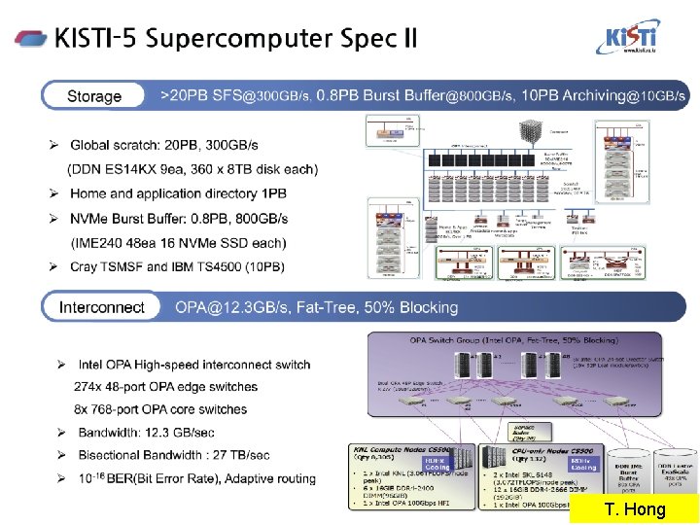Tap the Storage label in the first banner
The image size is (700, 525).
click(94, 96)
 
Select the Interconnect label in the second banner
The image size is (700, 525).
click(102, 307)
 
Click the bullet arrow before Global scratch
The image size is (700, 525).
click(55, 146)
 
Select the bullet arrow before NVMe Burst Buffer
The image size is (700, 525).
click(55, 219)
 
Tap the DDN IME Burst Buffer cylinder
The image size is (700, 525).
click(627, 473)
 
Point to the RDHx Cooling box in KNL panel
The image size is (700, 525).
click(435, 465)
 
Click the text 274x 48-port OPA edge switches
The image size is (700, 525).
click(166, 387)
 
